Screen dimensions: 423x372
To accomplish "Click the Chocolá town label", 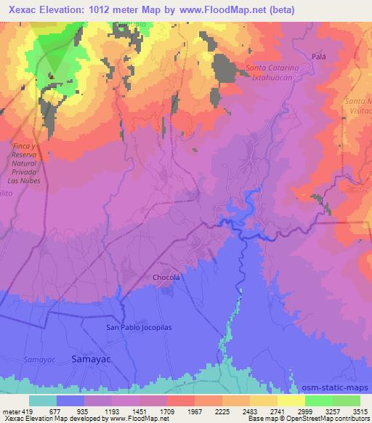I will point(166,277).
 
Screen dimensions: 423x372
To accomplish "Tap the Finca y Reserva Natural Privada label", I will point(30,163).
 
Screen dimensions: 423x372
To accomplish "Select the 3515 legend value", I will point(359,410).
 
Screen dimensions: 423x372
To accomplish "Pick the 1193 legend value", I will point(113,410).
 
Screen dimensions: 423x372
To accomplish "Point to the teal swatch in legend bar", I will point(43,400).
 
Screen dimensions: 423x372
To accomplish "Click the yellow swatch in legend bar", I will point(291,400).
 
